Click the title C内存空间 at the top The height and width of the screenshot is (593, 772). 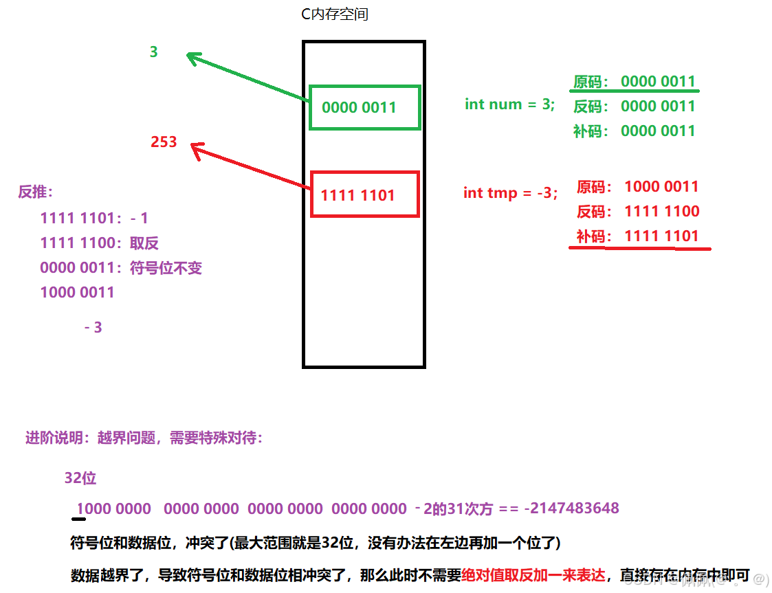point(335,14)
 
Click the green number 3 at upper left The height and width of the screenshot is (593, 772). point(153,52)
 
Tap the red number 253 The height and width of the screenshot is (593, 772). point(164,142)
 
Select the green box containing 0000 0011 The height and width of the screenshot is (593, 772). point(364,107)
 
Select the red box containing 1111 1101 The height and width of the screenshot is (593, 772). point(364,194)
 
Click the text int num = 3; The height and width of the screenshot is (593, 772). point(509,104)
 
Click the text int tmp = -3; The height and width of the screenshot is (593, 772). point(510,193)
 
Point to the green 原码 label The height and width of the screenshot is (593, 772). point(591,82)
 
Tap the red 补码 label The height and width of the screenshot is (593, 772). point(593,236)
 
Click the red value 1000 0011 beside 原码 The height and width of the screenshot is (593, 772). point(661,187)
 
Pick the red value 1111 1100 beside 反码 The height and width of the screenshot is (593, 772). point(661,212)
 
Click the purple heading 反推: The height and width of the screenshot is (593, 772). point(36,192)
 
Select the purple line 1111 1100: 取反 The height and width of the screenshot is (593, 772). point(100,243)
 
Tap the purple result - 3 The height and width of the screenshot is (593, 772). point(93,328)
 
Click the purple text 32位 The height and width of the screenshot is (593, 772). point(80,478)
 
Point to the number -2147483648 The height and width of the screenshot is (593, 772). point(571,508)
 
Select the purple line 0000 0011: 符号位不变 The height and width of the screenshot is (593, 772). point(121,268)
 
